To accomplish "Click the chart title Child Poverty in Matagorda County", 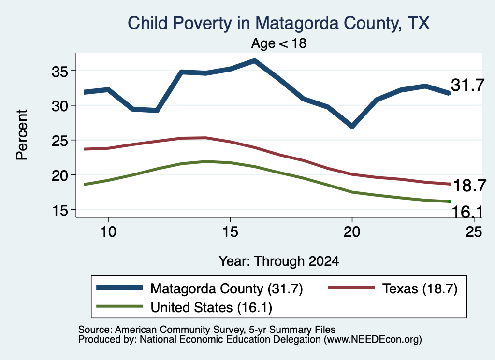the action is point(279,23).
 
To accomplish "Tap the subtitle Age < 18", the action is point(279,43).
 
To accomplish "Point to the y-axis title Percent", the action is point(22,135).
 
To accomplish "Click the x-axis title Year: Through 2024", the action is point(279,261).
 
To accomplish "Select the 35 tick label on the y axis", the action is point(60,72).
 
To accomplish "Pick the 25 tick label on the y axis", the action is point(60,141).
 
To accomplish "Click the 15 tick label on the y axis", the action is point(60,211).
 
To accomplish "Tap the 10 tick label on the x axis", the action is point(108,232).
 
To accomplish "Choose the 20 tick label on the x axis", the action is point(352,232).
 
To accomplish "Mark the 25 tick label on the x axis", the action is point(474,232).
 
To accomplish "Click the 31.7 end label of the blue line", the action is point(467,85).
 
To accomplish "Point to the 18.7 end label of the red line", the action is point(469,186).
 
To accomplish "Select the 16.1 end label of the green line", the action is point(467,212).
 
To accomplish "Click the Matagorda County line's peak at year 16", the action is point(254,60).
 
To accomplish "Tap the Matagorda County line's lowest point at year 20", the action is point(352,126).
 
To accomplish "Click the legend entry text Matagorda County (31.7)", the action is point(227,288).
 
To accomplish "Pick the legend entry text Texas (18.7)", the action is point(420,288).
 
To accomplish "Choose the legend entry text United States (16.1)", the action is point(211,308).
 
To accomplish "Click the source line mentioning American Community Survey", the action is point(207,330).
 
